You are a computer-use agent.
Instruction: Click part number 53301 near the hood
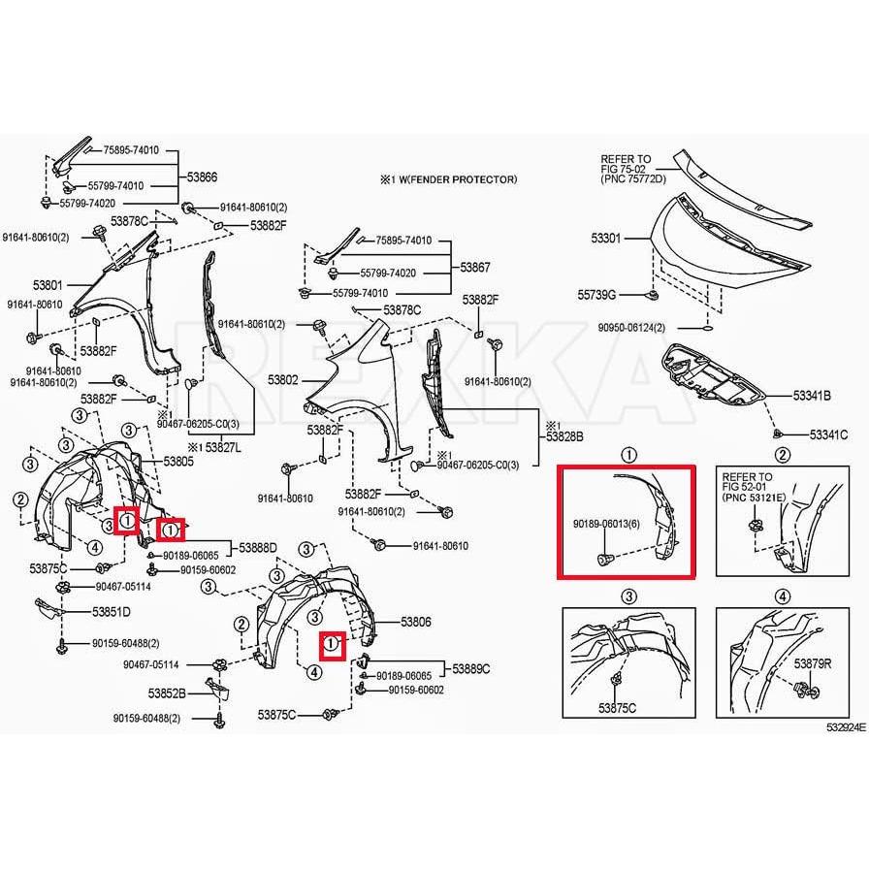click(607, 237)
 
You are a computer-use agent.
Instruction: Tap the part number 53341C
click(829, 435)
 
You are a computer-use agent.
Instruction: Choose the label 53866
click(202, 177)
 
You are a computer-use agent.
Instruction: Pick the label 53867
click(475, 267)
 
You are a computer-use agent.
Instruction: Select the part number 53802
click(282, 380)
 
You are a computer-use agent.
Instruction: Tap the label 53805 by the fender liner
click(178, 462)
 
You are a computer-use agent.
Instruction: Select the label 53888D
click(258, 548)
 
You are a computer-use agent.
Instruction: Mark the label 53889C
click(471, 668)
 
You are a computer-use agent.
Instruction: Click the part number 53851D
click(112, 612)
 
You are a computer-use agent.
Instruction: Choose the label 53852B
click(168, 693)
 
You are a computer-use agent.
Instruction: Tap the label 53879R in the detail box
click(813, 663)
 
